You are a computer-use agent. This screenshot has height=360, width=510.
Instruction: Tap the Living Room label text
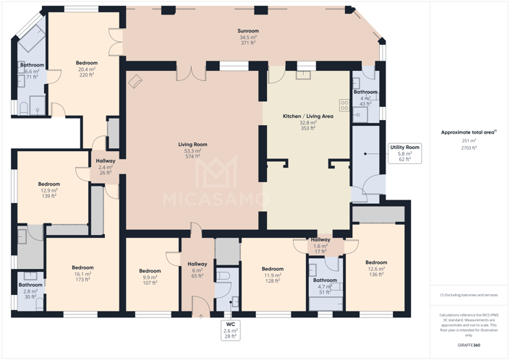(x=192, y=150)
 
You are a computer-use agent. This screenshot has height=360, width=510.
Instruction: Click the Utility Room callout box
(x=404, y=153)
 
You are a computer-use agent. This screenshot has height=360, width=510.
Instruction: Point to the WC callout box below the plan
(x=230, y=330)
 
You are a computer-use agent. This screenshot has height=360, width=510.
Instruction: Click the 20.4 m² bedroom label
(x=86, y=69)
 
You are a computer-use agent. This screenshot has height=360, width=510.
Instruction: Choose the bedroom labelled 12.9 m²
(x=49, y=190)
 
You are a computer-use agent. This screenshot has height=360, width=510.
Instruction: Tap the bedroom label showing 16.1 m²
(x=82, y=274)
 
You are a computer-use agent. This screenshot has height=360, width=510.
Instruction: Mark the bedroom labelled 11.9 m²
(x=272, y=275)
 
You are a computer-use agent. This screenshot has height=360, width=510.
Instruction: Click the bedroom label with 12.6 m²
(x=375, y=268)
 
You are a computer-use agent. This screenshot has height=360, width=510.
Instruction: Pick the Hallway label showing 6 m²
(x=197, y=270)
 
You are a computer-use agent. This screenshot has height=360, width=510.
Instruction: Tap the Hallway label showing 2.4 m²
(x=105, y=167)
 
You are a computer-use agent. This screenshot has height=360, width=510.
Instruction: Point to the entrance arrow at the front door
(x=197, y=314)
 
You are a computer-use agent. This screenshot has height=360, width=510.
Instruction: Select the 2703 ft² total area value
(x=469, y=147)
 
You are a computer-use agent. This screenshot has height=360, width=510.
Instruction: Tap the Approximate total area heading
(x=469, y=132)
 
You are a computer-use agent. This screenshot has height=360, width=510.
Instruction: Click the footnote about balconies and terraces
(x=469, y=295)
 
